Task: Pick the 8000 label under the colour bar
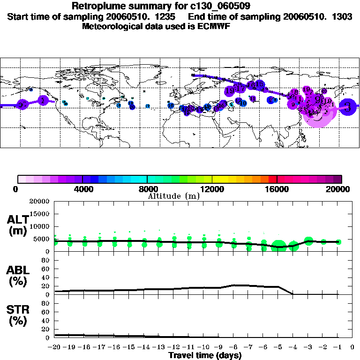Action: pos(147,189)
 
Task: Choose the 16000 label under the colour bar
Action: pos(277,189)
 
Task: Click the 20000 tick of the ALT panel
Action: pos(40,202)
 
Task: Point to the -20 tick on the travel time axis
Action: pos(54,347)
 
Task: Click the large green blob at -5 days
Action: pos(279,247)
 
